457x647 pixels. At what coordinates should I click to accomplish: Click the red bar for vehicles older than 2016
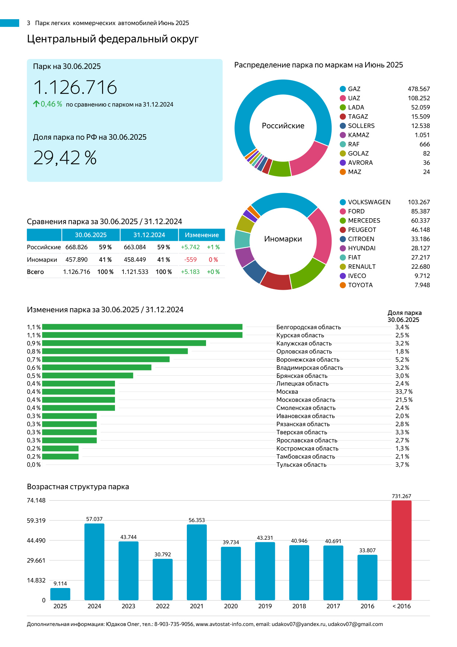[x=401, y=550]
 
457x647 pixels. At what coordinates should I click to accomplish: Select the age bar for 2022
[x=163, y=579]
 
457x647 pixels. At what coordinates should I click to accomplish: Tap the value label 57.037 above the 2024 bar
[x=94, y=519]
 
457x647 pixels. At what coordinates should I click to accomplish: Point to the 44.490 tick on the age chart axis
[x=36, y=540]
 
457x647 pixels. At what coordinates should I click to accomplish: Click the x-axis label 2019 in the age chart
[x=265, y=606]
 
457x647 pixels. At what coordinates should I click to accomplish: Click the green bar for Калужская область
[x=124, y=343]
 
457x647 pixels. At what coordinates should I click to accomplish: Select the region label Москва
[x=287, y=392]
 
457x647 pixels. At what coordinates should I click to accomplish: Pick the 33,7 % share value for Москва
[x=404, y=392]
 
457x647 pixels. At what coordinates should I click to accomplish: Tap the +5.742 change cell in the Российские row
[x=190, y=247]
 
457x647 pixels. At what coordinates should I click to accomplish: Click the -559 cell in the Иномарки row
[x=191, y=260]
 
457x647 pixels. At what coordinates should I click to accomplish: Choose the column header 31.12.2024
[x=149, y=235]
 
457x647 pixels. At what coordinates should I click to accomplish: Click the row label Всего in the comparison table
[x=35, y=272]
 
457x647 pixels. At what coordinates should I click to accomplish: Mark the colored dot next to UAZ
[x=343, y=98]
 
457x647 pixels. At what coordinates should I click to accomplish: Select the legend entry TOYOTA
[x=360, y=285]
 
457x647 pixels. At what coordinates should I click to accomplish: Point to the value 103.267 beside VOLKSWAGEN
[x=419, y=202]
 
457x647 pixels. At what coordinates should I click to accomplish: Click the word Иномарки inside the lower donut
[x=283, y=239]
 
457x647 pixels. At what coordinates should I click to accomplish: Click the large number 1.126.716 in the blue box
[x=75, y=87]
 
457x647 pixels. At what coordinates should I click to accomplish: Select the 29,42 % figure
[x=65, y=158]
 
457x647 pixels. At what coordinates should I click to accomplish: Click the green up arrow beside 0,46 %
[x=36, y=104]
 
